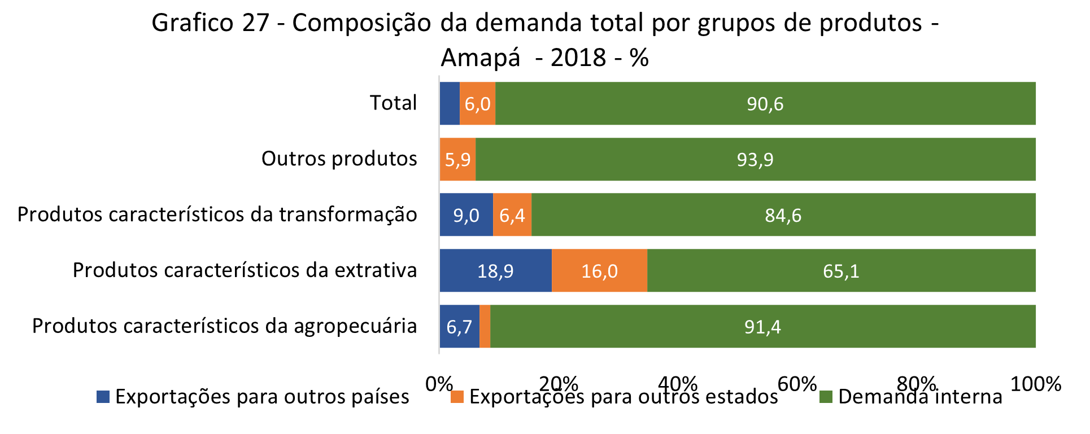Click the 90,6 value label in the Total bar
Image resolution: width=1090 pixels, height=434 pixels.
[765, 104]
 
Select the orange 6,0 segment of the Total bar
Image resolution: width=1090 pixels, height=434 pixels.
[477, 104]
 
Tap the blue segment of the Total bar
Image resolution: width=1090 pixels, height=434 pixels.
[450, 104]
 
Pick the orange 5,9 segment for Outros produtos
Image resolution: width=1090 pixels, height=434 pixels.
[457, 160]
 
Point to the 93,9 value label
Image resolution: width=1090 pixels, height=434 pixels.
[755, 160]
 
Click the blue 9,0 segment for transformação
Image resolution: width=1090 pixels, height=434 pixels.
[466, 215]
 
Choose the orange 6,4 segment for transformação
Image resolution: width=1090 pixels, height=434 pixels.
[512, 215]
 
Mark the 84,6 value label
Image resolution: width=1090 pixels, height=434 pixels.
[783, 215]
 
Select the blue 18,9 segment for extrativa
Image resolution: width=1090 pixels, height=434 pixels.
[495, 271]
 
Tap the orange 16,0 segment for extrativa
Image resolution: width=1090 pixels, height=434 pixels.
[599, 271]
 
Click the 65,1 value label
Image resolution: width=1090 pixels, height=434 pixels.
[841, 271]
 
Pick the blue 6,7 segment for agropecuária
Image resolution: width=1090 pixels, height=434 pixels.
[459, 327]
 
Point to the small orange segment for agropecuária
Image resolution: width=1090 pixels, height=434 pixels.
[485, 327]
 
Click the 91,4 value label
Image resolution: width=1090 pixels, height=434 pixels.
[762, 327]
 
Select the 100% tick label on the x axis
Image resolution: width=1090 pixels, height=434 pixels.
[1035, 384]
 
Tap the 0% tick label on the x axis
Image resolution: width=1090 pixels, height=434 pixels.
[439, 384]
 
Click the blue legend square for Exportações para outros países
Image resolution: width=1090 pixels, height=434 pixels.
[103, 397]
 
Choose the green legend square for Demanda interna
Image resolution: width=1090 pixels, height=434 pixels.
[826, 397]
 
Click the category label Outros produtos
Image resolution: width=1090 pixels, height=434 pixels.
[339, 159]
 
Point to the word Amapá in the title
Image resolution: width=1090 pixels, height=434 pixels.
[480, 58]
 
